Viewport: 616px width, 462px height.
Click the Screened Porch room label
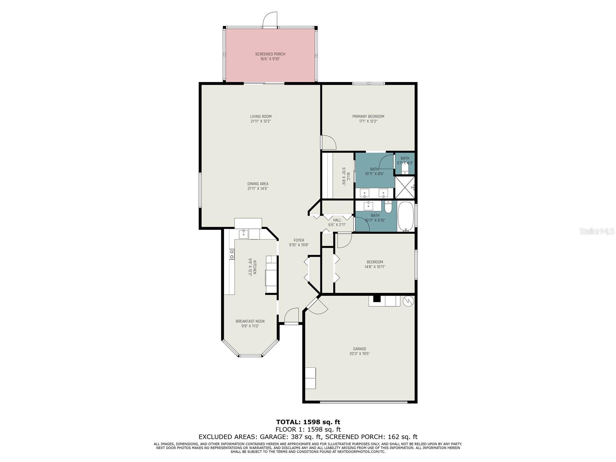(x=270, y=54)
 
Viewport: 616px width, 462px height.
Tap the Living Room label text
(x=261, y=116)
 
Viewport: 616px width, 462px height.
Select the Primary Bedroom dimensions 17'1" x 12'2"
(x=368, y=121)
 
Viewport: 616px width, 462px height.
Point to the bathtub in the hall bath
(x=405, y=216)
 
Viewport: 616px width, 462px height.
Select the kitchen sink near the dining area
(x=243, y=234)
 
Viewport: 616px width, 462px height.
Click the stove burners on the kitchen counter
(x=232, y=254)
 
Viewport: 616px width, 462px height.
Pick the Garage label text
(x=360, y=349)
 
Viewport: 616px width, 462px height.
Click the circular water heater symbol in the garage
(x=408, y=301)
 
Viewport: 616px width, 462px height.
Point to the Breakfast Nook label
(x=250, y=321)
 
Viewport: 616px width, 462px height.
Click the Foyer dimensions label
(x=299, y=245)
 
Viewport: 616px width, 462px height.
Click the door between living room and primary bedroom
(x=328, y=142)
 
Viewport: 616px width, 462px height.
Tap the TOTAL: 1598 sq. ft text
(x=308, y=422)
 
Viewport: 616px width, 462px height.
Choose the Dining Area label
(x=258, y=184)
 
